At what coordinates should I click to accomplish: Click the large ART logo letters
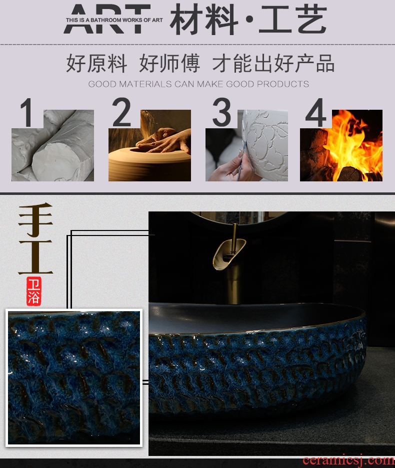[x=107, y=19]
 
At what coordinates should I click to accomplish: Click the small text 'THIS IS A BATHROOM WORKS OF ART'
[x=114, y=20]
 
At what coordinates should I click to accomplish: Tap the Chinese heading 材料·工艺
[x=248, y=19]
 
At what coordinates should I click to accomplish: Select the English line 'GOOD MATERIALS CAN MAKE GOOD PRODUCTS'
[x=198, y=84]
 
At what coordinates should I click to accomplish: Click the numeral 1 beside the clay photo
[x=27, y=113]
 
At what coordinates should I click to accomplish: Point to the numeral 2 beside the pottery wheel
[x=121, y=112]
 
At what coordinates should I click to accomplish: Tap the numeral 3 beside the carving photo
[x=221, y=112]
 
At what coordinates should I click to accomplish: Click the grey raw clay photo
[x=52, y=145]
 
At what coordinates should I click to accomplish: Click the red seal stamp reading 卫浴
[x=33, y=291]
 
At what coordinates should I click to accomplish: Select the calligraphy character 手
[x=35, y=219]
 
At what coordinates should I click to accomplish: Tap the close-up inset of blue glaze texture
[x=74, y=378]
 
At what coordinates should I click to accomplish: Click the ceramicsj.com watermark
[x=348, y=460]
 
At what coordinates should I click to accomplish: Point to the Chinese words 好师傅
[x=169, y=63]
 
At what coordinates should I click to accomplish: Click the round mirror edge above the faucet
[x=238, y=220]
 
